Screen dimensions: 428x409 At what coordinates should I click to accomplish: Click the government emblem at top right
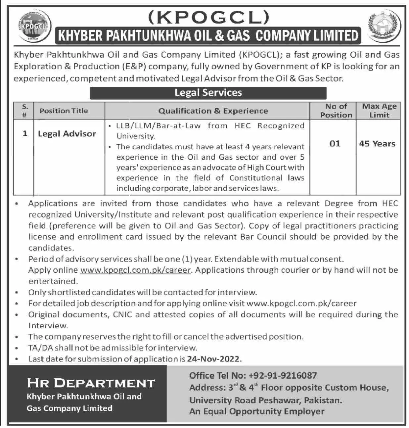pyautogui.click(x=384, y=26)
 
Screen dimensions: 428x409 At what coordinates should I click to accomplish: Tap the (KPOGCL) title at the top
pyautogui.click(x=208, y=17)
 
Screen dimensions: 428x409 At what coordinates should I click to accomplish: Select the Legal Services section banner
pyautogui.click(x=208, y=93)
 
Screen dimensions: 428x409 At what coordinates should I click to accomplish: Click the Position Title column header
pyautogui.click(x=64, y=111)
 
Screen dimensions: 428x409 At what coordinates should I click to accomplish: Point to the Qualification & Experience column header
pyautogui.click(x=213, y=111)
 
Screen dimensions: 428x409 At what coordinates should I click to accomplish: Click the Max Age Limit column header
pyautogui.click(x=379, y=111)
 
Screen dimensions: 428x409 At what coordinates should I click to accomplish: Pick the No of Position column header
pyautogui.click(x=336, y=111)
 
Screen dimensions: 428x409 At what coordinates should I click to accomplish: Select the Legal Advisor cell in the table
pyautogui.click(x=67, y=134)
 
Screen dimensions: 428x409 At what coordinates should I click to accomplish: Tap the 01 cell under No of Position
pyautogui.click(x=335, y=143)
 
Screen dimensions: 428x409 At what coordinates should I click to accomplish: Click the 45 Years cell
pyautogui.click(x=377, y=144)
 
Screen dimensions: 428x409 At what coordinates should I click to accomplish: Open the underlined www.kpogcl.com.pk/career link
pyautogui.click(x=135, y=270)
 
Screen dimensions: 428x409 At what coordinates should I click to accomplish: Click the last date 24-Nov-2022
pyautogui.click(x=214, y=359)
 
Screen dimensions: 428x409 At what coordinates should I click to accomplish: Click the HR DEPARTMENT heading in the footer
pyautogui.click(x=91, y=383)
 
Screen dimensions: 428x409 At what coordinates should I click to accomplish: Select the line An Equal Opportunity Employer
pyautogui.click(x=257, y=411)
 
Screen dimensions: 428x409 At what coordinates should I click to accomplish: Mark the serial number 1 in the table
pyautogui.click(x=25, y=134)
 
